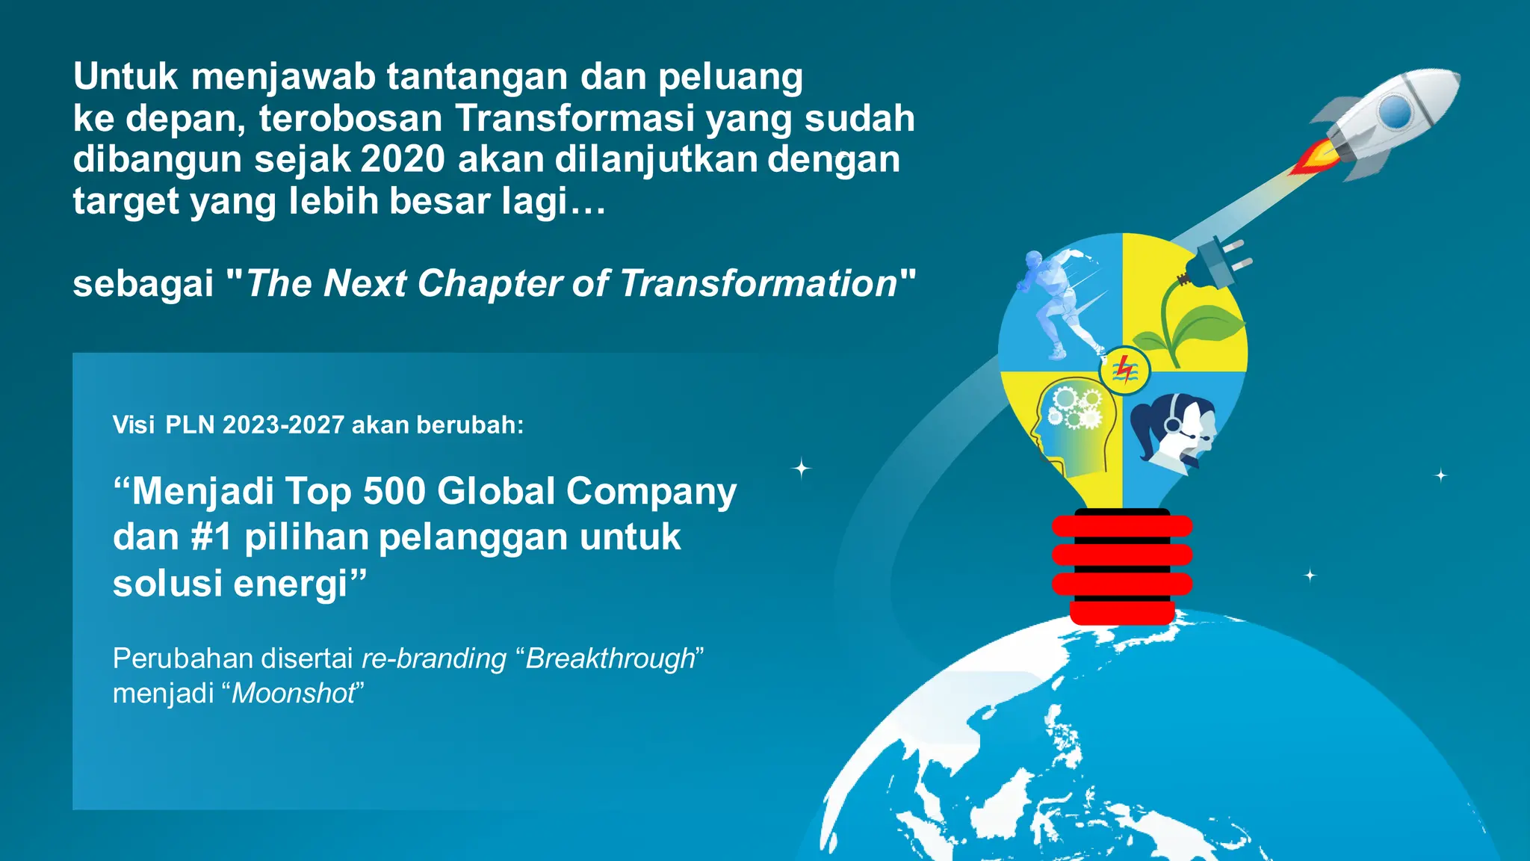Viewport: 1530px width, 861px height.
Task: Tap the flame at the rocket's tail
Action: [1313, 158]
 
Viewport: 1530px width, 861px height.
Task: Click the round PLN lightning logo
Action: [1124, 370]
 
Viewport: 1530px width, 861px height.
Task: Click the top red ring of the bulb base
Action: [1121, 526]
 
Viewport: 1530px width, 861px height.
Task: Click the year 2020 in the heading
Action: [403, 159]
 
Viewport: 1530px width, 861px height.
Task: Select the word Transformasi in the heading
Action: [574, 118]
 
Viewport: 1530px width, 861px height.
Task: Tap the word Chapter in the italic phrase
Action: [489, 283]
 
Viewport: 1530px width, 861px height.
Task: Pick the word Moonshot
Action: [294, 694]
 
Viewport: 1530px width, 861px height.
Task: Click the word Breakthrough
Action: [610, 658]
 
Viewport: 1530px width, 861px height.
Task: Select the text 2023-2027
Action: [283, 425]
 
